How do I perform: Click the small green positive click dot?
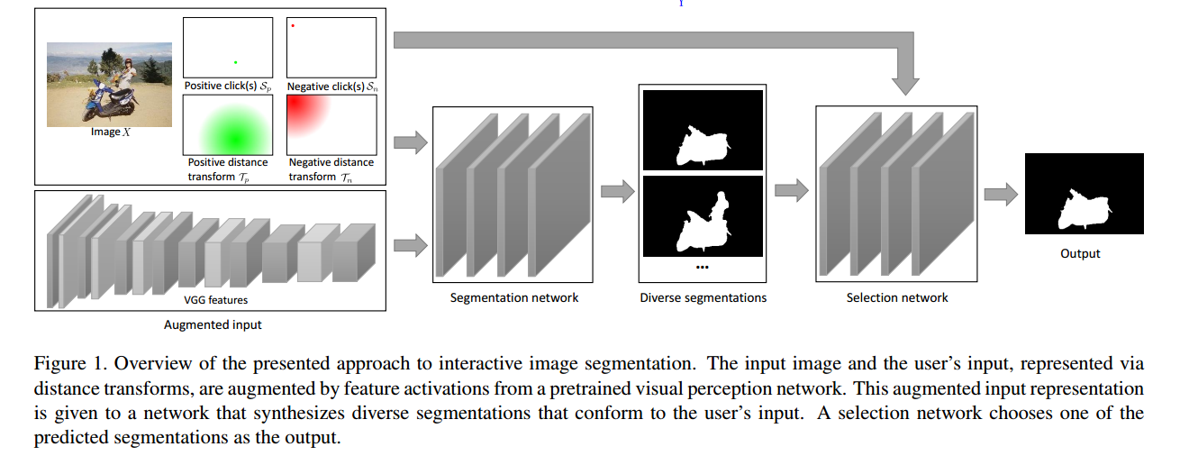pyautogui.click(x=236, y=62)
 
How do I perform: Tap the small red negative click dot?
pyautogui.click(x=293, y=25)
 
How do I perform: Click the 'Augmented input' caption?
pyautogui.click(x=213, y=324)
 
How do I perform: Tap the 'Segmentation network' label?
pyautogui.click(x=513, y=297)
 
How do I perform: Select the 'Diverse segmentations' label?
pyautogui.click(x=703, y=297)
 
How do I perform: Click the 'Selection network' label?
pyautogui.click(x=897, y=297)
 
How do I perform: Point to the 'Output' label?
pyautogui.click(x=1080, y=254)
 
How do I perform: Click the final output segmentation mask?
pyautogui.click(x=1084, y=194)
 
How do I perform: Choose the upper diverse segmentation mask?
pyautogui.click(x=702, y=129)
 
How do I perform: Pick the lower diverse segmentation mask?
pyautogui.click(x=702, y=216)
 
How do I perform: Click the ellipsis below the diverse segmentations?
pyautogui.click(x=702, y=268)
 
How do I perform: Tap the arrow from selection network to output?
pyautogui.click(x=1001, y=193)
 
